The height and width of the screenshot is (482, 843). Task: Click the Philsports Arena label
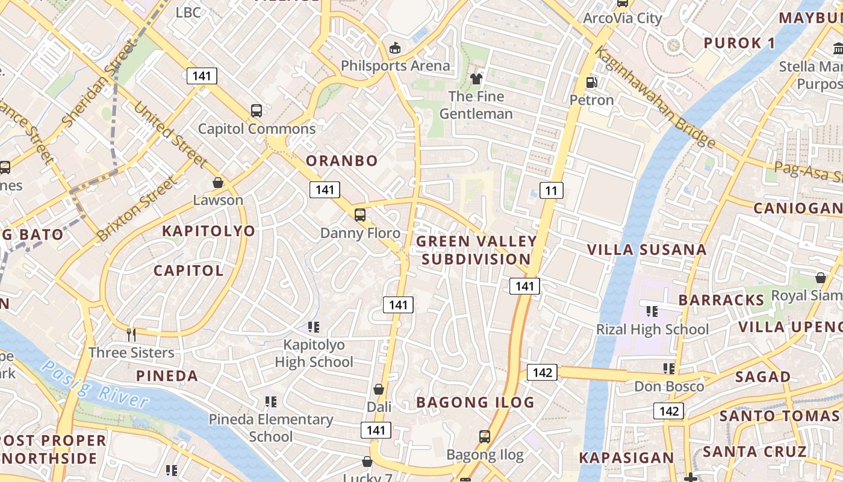coord(395,66)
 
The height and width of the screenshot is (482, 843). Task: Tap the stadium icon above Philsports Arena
coord(396,48)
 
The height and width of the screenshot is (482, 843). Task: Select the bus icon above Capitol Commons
coord(257,111)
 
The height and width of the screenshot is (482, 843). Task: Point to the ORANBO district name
coord(341,161)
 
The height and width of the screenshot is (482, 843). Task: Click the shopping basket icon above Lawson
coord(218,182)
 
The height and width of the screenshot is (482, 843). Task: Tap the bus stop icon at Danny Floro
coord(360,214)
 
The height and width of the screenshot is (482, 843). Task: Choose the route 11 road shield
coord(552,191)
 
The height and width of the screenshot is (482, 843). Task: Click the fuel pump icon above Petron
coord(591,82)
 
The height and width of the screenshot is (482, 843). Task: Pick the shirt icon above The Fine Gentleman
coord(476,79)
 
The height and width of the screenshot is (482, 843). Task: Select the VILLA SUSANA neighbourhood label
coord(647,249)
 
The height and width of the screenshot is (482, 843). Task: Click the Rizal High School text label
coord(652,330)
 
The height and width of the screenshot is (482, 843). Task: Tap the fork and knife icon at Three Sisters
coord(131,334)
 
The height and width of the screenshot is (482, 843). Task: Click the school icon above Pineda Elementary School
coord(270,401)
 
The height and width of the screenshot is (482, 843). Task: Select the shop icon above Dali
coord(379,389)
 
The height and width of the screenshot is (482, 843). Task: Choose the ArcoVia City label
coord(622,18)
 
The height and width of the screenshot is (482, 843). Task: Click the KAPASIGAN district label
coord(626,458)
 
